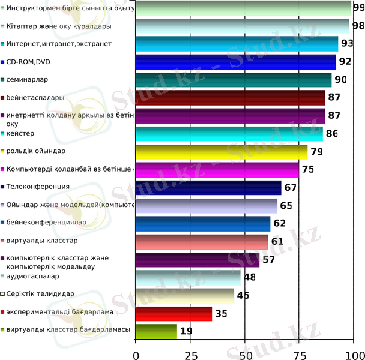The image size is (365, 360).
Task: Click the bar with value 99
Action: coord(243,8)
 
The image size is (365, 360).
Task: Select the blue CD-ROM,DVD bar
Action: coord(236,62)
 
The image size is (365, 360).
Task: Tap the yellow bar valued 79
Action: coord(222,152)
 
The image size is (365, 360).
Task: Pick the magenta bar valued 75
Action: coord(217,170)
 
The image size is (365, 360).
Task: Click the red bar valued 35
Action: coord(174,313)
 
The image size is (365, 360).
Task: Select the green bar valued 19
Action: coord(157,331)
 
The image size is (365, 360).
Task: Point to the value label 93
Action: coord(347,44)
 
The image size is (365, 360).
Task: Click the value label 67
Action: coord(291,188)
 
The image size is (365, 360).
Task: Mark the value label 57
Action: coord(268,260)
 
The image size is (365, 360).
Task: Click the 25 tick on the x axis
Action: coord(191,354)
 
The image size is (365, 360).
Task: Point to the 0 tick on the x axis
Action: coord(136,354)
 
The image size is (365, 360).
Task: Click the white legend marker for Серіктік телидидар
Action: coord(3,294)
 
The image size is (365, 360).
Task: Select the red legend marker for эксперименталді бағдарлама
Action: coord(3,312)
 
